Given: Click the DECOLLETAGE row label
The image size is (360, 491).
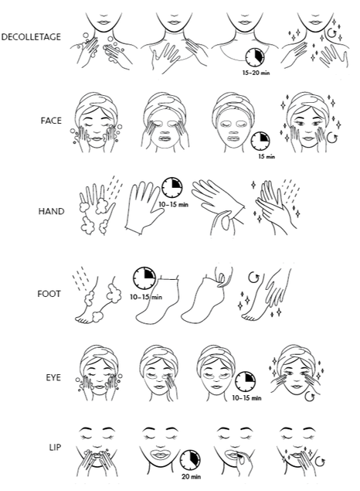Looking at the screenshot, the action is (x=31, y=37).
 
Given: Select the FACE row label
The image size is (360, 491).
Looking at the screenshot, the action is (x=51, y=121).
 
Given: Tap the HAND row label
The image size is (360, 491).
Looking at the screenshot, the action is (x=51, y=211).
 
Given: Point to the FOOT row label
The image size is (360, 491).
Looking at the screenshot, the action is (x=49, y=294).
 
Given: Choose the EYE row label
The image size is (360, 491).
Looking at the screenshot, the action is (x=53, y=377).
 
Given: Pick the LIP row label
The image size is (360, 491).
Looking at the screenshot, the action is (x=55, y=448).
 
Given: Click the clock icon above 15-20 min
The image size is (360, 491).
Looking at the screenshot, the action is (x=255, y=57).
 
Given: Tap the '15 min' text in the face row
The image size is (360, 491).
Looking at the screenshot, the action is (x=267, y=156).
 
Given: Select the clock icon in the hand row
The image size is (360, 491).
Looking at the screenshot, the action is (x=172, y=188).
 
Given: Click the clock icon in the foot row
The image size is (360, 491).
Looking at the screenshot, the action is (x=144, y=278).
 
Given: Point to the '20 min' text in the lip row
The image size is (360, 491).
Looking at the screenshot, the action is (x=192, y=477).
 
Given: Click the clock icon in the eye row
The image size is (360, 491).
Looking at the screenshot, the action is (x=245, y=382).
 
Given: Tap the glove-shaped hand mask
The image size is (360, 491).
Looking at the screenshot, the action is (x=142, y=208).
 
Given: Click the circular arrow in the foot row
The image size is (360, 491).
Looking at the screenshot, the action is (x=253, y=278).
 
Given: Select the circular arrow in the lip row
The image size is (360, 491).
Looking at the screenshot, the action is (x=320, y=462).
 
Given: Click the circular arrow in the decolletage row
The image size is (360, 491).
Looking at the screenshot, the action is (x=331, y=32).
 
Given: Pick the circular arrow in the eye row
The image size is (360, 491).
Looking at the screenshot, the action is (x=310, y=397).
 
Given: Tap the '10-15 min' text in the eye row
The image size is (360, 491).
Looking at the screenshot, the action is (x=246, y=398).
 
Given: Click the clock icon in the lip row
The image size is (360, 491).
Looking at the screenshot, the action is (x=190, y=461).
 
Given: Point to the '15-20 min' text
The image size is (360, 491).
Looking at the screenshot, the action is (x=256, y=73).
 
